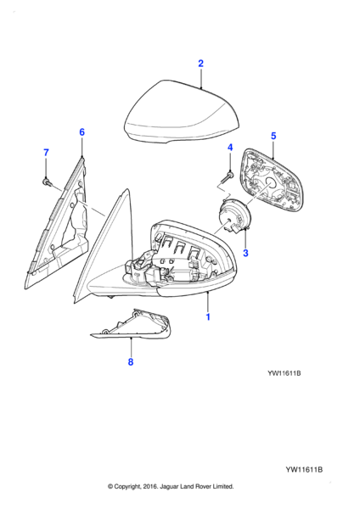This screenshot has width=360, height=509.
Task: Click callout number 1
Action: [208, 316]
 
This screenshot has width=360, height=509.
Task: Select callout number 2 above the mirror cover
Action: [200, 64]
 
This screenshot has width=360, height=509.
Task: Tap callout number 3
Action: [245, 253]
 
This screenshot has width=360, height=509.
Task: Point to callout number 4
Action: [230, 148]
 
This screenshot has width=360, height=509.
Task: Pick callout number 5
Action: [273, 136]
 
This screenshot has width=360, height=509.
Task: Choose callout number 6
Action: [82, 132]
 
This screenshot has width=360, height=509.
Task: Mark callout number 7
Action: [46, 152]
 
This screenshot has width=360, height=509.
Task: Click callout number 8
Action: [131, 361]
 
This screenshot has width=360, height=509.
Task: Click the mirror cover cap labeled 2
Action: [182, 112]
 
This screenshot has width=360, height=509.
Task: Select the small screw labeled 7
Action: [47, 182]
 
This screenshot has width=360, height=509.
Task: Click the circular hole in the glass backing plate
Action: [269, 184]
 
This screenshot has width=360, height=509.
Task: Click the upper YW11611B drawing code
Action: [284, 373]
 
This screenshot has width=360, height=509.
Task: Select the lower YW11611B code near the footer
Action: [304, 469]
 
